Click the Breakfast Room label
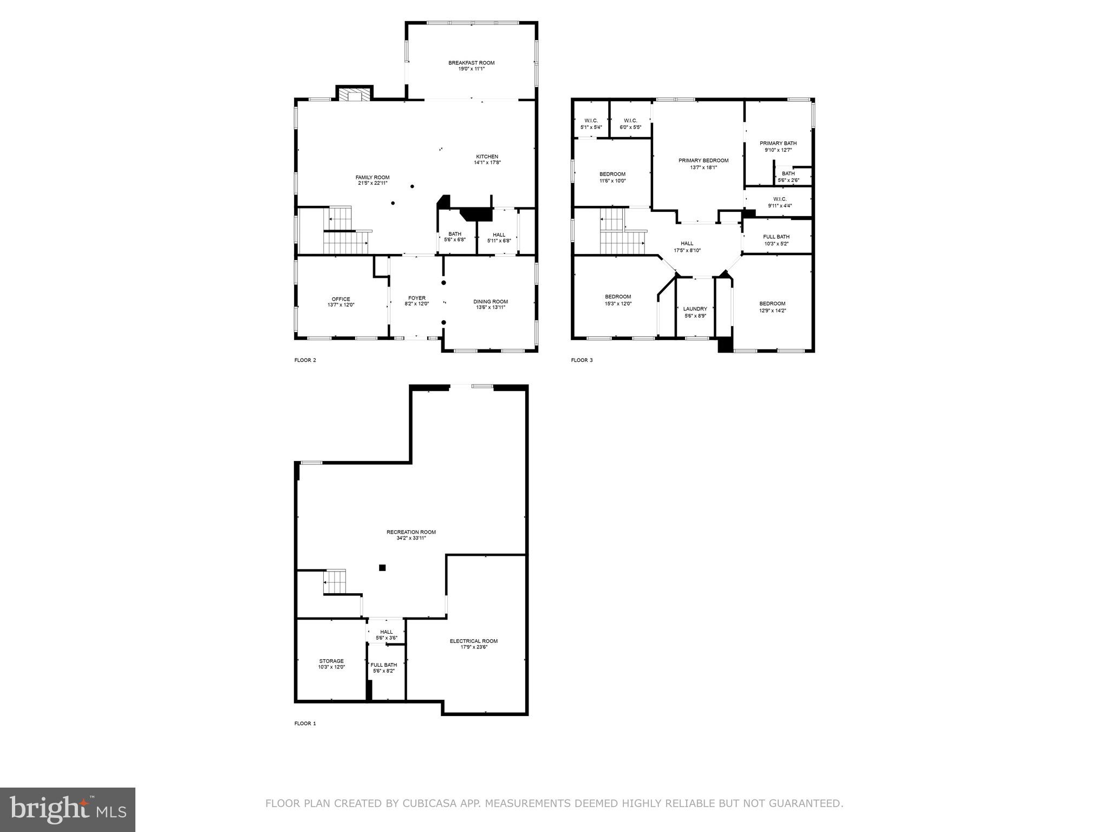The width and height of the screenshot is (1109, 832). (471, 63)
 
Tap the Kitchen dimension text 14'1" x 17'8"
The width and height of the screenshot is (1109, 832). (487, 162)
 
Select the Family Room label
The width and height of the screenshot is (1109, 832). (372, 177)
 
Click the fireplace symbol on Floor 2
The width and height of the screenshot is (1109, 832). (355, 96)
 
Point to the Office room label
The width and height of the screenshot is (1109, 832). (341, 299)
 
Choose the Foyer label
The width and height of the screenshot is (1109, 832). (416, 298)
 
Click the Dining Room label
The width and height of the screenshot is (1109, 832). (491, 302)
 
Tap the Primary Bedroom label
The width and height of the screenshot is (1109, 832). (703, 160)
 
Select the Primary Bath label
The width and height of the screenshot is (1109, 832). (778, 144)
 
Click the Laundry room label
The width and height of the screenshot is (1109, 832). (695, 309)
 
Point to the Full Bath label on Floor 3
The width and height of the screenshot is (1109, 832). (776, 237)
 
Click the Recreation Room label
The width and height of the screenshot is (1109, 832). (411, 532)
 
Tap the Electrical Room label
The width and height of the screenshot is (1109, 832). (473, 641)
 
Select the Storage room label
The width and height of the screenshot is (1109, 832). (331, 661)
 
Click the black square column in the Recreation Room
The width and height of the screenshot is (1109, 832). (382, 568)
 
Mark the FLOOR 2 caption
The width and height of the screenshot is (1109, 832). (305, 360)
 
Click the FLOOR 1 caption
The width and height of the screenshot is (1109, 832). (305, 723)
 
